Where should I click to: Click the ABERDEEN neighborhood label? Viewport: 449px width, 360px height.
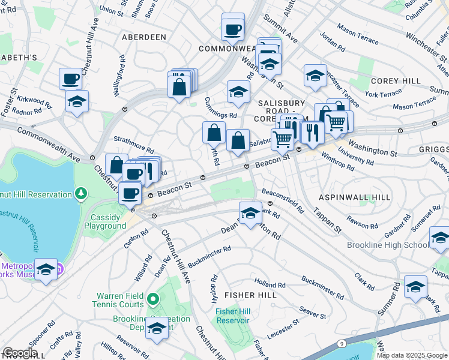tap(144, 37)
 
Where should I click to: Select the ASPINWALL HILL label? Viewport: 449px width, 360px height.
tap(355, 197)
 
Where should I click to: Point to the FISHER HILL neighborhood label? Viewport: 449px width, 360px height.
tap(250, 295)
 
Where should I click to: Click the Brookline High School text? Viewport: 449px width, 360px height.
tap(388, 245)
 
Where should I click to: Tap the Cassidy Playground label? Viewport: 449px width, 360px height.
tap(105, 221)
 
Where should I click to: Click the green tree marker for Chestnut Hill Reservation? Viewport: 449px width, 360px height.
tap(80, 193)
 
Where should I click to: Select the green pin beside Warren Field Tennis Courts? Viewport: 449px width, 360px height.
tap(153, 298)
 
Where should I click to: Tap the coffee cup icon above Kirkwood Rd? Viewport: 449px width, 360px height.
tap(71, 79)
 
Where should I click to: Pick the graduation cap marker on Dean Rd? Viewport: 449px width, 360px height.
tap(250, 212)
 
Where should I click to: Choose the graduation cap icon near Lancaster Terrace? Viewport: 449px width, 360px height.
tap(315, 75)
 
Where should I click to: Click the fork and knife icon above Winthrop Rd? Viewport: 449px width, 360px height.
tap(312, 131)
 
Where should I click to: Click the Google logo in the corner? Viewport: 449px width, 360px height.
tap(20, 353)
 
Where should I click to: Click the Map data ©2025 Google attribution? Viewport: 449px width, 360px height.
tap(411, 355)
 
